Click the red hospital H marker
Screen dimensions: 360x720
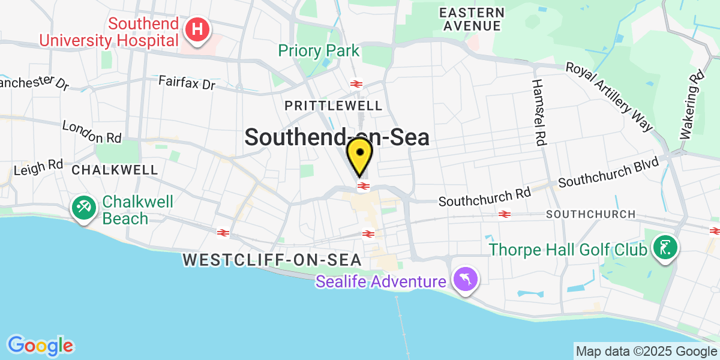pyautogui.click(x=197, y=29)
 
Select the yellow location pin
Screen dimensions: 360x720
pyautogui.click(x=360, y=156)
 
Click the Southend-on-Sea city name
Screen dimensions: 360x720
pyautogui.click(x=337, y=137)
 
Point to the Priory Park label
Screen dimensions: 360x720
pyautogui.click(x=318, y=50)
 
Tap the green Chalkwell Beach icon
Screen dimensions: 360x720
pyautogui.click(x=82, y=208)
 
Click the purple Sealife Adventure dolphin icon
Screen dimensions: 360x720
pyautogui.click(x=465, y=280)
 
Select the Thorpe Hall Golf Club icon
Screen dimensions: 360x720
pyautogui.click(x=665, y=247)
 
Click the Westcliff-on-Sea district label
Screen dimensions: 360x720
pyautogui.click(x=272, y=260)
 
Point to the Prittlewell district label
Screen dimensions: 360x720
pyautogui.click(x=333, y=106)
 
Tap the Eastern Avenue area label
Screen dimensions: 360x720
pyautogui.click(x=472, y=19)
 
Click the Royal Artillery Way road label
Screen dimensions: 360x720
pyautogui.click(x=609, y=96)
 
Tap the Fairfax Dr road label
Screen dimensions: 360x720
pyautogui.click(x=187, y=83)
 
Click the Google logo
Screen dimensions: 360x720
pyautogui.click(x=40, y=346)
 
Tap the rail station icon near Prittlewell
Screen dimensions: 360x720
pyautogui.click(x=356, y=84)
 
